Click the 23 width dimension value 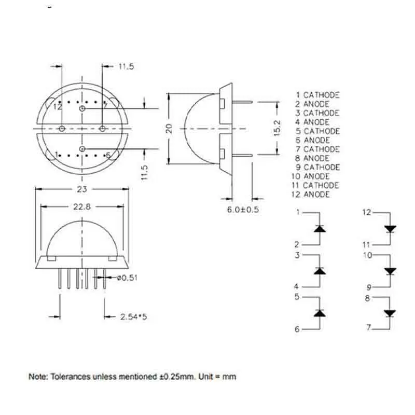[82, 189]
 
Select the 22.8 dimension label [82, 206]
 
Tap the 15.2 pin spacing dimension [277, 128]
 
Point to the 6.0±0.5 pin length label [243, 210]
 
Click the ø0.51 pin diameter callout [127, 278]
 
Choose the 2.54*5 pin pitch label [133, 316]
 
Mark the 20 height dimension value [169, 128]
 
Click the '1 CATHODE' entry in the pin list [317, 95]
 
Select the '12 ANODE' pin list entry [310, 195]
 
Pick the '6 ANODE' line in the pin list [313, 140]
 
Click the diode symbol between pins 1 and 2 [320, 229]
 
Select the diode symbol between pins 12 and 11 [391, 229]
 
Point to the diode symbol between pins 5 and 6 [320, 313]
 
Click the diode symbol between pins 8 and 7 [390, 314]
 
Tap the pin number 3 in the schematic [297, 255]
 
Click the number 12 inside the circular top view [58, 107]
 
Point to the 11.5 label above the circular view [126, 66]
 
